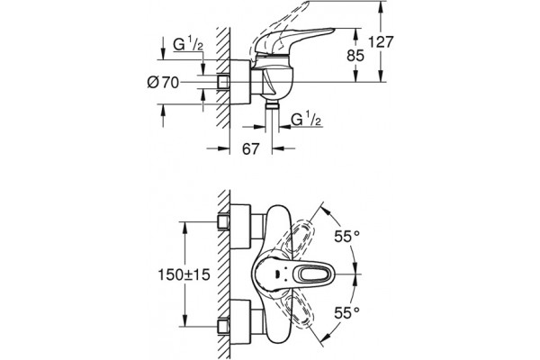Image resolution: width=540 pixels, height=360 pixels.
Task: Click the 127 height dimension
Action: click(381, 42)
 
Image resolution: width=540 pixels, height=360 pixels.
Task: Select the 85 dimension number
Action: click(355, 56)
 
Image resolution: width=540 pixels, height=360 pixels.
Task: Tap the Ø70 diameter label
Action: click(163, 82)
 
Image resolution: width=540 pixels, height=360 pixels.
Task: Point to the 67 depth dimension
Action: click(250, 148)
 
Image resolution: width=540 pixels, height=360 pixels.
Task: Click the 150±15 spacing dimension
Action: click(184, 274)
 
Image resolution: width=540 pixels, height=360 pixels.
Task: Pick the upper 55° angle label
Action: click(347, 237)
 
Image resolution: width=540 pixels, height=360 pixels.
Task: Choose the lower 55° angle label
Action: click(347, 313)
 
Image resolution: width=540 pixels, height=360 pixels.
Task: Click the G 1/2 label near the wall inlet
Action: click(188, 44)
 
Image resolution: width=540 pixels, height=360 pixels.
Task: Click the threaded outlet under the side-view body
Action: click(272, 105)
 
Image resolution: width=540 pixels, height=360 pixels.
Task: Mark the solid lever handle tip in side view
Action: click(332, 31)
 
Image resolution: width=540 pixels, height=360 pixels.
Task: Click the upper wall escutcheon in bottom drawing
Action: click(240, 226)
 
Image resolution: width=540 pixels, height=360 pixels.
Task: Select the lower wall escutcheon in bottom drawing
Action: click(240, 322)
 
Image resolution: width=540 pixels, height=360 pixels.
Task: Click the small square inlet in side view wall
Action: click(223, 82)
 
